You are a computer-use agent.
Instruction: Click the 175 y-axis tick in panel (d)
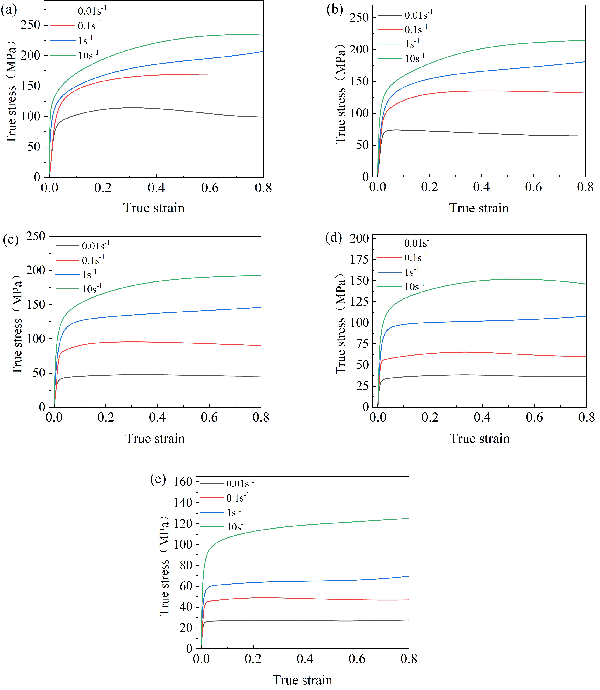point(359,259)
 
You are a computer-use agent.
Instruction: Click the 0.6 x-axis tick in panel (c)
point(209,417)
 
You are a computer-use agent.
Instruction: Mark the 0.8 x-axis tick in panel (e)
point(409,659)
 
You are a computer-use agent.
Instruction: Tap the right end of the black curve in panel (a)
point(263,117)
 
